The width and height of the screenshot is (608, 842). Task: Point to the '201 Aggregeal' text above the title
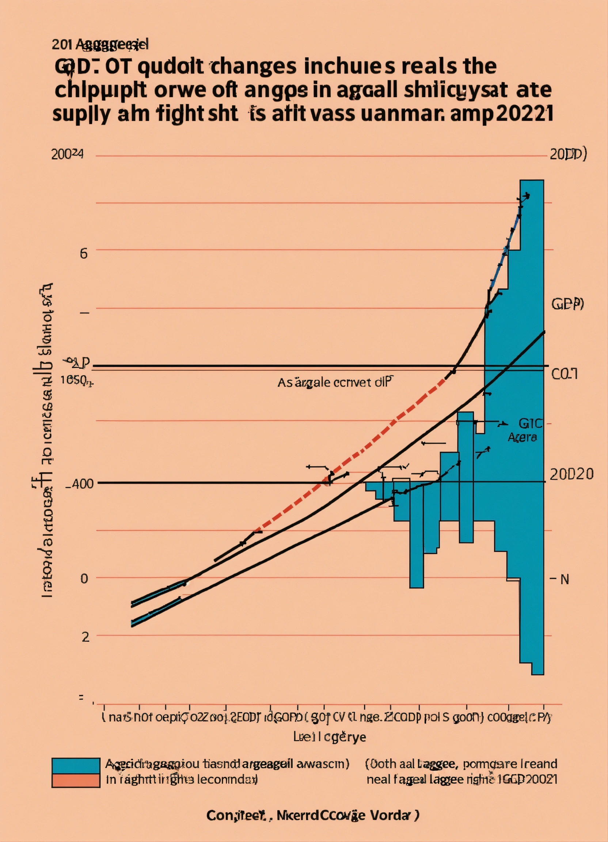point(100,45)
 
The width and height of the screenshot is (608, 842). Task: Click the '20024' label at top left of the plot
point(67,154)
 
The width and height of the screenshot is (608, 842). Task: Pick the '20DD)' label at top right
point(568,154)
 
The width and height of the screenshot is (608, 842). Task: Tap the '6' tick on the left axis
point(84,254)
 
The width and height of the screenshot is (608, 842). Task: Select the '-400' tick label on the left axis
point(79,484)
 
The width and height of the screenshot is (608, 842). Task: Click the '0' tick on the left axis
point(84,579)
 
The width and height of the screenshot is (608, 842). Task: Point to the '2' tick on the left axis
point(85,637)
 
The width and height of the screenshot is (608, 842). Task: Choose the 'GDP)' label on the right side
point(567,304)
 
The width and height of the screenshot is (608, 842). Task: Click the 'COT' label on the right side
point(564,374)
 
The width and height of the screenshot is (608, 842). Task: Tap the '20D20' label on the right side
point(571,474)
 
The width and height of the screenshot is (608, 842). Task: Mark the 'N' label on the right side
point(565,580)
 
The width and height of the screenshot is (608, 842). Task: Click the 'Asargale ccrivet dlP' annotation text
point(334,382)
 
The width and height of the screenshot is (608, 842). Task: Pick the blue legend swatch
point(76,766)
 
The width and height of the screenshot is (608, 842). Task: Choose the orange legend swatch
point(76,780)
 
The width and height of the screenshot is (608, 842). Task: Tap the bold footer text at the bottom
point(313,816)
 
